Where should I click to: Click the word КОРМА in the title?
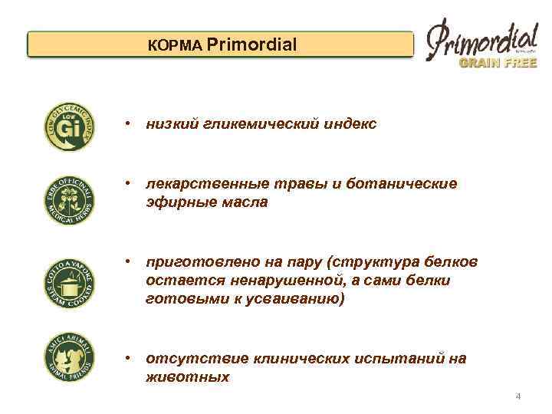[x=176, y=46]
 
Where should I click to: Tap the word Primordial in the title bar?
[x=251, y=45]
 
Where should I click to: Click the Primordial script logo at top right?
[x=481, y=38]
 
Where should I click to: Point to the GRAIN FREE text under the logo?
[x=498, y=64]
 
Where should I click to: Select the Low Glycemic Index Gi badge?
[x=70, y=125]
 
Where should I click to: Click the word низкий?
[x=173, y=123]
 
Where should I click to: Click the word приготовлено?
[x=194, y=262]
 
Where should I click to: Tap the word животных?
[x=187, y=377]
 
